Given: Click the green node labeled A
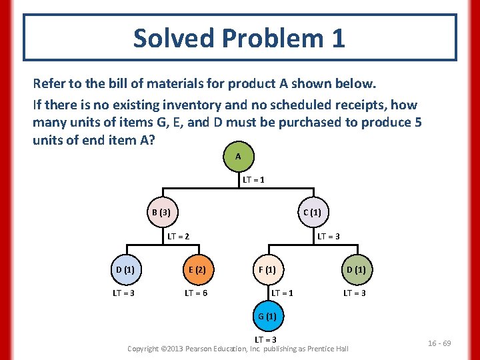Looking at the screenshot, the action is pyautogui.click(x=238, y=156).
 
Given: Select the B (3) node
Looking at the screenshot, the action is pyautogui.click(x=160, y=213).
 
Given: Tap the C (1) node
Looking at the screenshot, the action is pyautogui.click(x=312, y=213).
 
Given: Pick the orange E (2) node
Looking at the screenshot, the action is pyautogui.click(x=196, y=270).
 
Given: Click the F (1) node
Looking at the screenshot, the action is pyautogui.click(x=267, y=270).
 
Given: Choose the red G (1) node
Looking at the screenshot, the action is pyautogui.click(x=267, y=316).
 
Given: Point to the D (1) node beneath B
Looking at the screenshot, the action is pyautogui.click(x=125, y=270).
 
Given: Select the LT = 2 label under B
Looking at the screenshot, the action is pyautogui.click(x=178, y=236).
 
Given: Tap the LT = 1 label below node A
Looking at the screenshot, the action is pyautogui.click(x=254, y=180).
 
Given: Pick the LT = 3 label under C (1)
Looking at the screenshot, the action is pyautogui.click(x=329, y=236).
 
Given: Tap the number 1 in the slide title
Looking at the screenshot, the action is pyautogui.click(x=337, y=38).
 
